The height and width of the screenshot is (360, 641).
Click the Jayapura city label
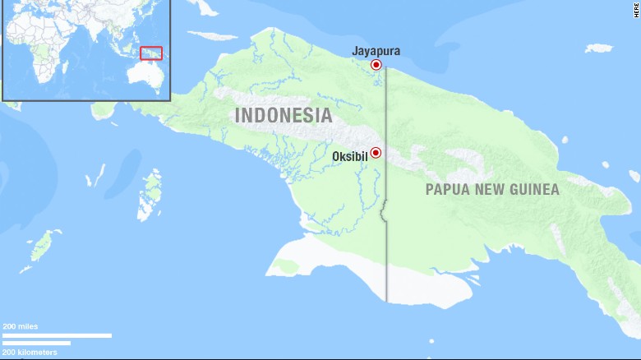(376, 51)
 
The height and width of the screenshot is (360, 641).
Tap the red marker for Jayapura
(376, 65)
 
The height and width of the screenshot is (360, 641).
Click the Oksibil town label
(350, 156)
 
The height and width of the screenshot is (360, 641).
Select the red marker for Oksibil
(376, 152)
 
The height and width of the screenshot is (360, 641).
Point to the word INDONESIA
(284, 116)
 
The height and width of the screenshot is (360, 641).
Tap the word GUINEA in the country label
(533, 190)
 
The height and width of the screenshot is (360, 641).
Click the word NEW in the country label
(491, 190)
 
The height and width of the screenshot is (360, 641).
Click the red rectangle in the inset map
(151, 53)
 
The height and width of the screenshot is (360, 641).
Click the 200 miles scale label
(20, 326)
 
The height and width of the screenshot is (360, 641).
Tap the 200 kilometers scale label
(30, 352)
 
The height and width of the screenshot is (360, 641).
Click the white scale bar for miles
(57, 335)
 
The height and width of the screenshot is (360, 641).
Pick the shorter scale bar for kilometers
(36, 343)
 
